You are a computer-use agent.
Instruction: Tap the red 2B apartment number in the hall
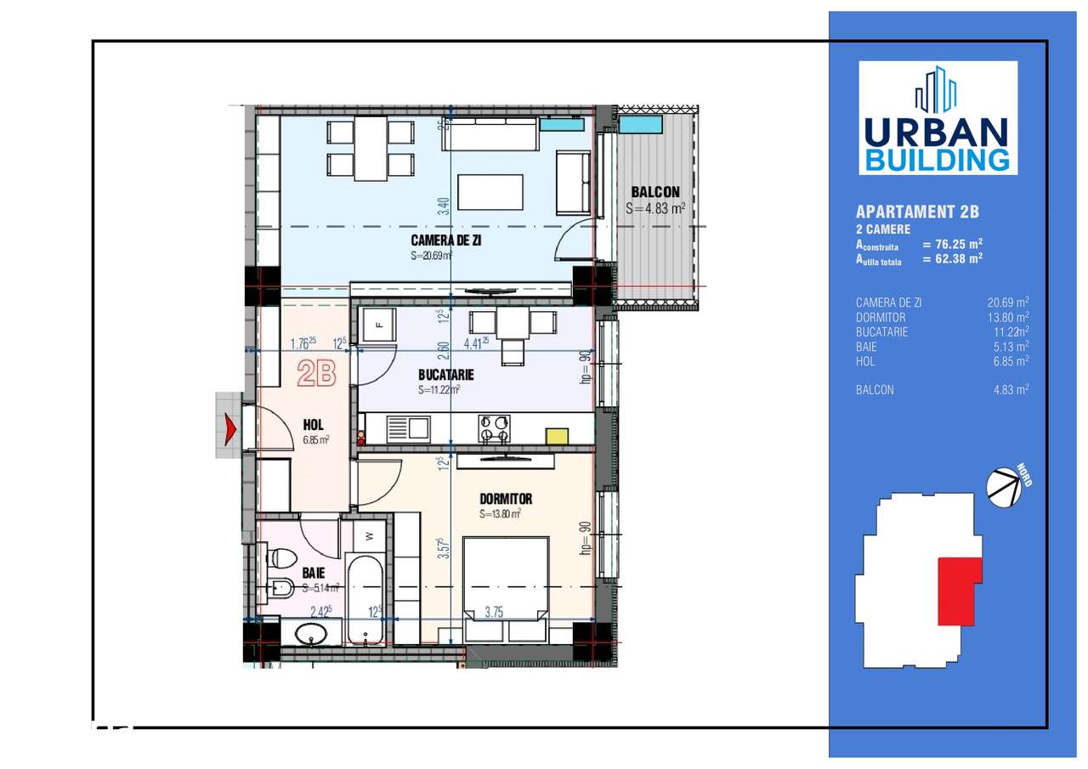[316, 374]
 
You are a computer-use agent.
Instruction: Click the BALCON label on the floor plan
[654, 192]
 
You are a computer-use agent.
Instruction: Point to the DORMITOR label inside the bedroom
[506, 499]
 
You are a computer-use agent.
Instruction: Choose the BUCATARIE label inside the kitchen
[445, 375]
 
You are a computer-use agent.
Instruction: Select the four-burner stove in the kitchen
[493, 428]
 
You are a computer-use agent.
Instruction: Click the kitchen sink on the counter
[408, 427]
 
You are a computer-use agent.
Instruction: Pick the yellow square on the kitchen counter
[557, 436]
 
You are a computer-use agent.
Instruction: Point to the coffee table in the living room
[490, 192]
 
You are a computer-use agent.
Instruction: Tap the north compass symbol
[1003, 488]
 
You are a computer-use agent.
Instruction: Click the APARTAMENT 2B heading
[910, 212]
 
